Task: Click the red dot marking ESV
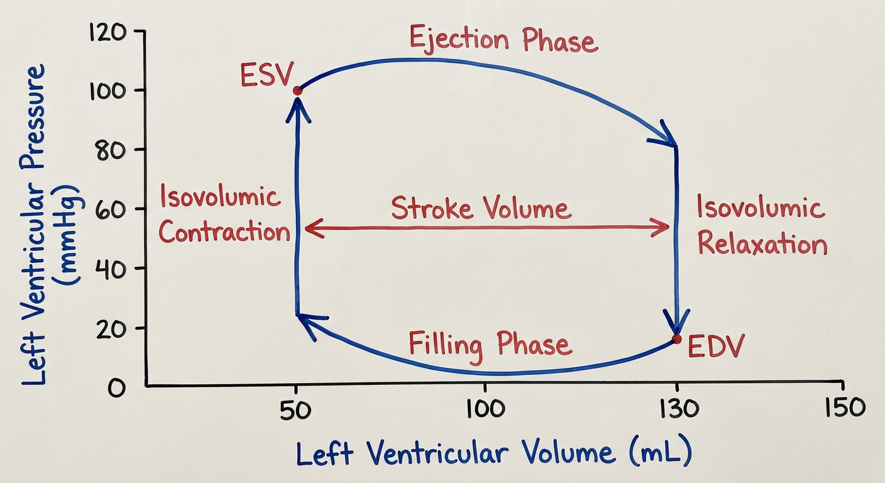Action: (297, 91)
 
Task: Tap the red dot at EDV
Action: (677, 339)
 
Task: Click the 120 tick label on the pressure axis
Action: (108, 31)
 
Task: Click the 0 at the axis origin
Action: (116, 388)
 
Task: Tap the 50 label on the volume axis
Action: (295, 410)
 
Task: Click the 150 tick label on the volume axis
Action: (845, 407)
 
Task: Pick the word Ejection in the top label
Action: (459, 40)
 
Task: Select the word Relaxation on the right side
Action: (762, 243)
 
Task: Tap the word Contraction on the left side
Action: (224, 231)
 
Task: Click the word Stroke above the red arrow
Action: (432, 208)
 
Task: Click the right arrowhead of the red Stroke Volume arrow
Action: (660, 227)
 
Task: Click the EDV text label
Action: (715, 347)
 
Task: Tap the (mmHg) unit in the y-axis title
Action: (67, 234)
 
